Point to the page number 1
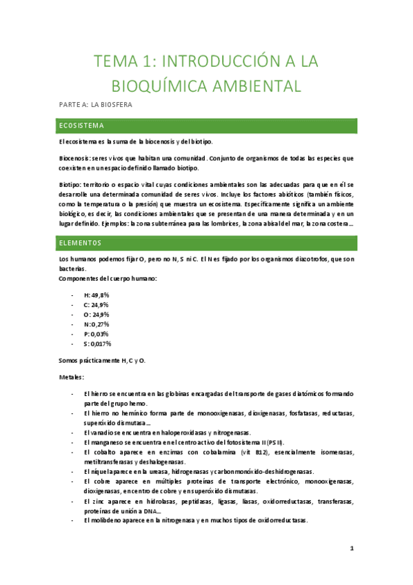point(351,548)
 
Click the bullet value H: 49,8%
point(97,295)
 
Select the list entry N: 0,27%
point(97,324)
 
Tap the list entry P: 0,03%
point(97,333)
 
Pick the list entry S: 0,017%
point(97,343)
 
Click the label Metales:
point(72,377)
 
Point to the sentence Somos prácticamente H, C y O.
point(102,360)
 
